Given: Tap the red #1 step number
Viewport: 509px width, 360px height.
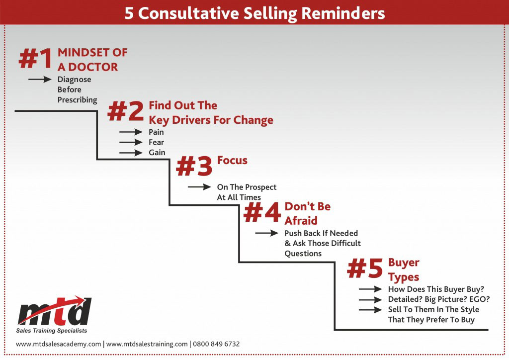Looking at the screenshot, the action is [x=35, y=59].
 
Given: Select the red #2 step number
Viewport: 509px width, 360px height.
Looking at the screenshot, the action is [x=125, y=111].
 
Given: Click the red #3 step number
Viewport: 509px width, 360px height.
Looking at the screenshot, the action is [x=194, y=166].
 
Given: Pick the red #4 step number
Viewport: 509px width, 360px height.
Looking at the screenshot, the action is [x=262, y=212].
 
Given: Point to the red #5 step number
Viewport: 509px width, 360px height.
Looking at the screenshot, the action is [x=365, y=268].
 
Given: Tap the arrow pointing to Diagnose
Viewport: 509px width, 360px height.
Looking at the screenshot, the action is [x=40, y=79].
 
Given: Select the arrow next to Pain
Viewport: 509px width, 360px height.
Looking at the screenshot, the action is [x=131, y=132].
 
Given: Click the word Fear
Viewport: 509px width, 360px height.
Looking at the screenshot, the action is [x=156, y=142].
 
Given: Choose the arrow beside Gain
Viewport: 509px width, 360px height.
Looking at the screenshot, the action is [x=131, y=153].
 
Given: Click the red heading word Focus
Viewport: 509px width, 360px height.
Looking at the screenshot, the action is [x=232, y=161].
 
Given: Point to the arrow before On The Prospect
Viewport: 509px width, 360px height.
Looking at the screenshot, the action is [x=199, y=186].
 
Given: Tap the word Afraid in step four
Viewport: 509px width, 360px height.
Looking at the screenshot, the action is [x=301, y=221].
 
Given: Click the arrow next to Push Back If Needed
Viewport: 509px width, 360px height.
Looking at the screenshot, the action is [x=267, y=233].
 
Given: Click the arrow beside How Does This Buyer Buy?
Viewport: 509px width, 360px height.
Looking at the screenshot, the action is [x=370, y=289].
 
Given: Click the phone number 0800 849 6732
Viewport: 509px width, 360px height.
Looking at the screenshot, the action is [x=216, y=344].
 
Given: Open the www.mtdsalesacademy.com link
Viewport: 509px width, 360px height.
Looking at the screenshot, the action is [x=59, y=344].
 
